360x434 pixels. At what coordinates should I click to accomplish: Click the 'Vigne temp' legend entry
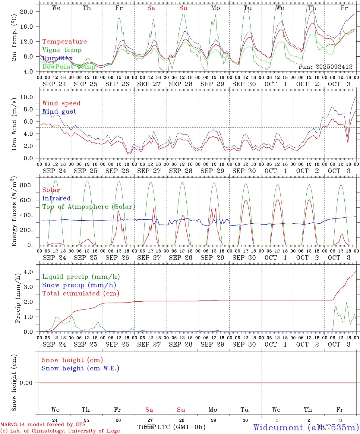click(62, 50)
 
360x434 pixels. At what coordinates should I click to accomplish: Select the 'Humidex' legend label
click(57, 58)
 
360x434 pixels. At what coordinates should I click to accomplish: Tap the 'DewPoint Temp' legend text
click(69, 67)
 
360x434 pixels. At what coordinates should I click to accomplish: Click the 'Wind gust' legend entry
click(59, 112)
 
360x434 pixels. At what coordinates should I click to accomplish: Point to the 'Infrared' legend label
click(56, 198)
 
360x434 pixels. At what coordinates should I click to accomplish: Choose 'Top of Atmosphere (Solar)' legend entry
click(89, 207)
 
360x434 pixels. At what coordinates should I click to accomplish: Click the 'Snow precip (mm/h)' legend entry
click(79, 285)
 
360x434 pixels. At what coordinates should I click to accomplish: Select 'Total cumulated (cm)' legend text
click(81, 294)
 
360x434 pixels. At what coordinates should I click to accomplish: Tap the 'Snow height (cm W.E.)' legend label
click(80, 368)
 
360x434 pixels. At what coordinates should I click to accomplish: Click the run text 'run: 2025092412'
click(325, 67)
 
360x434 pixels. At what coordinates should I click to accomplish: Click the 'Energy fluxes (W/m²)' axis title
click(14, 212)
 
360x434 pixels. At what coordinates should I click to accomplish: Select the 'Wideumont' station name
click(278, 427)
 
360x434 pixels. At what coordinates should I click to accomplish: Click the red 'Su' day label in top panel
click(183, 8)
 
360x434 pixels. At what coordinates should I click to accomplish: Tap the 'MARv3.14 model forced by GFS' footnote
click(43, 425)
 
